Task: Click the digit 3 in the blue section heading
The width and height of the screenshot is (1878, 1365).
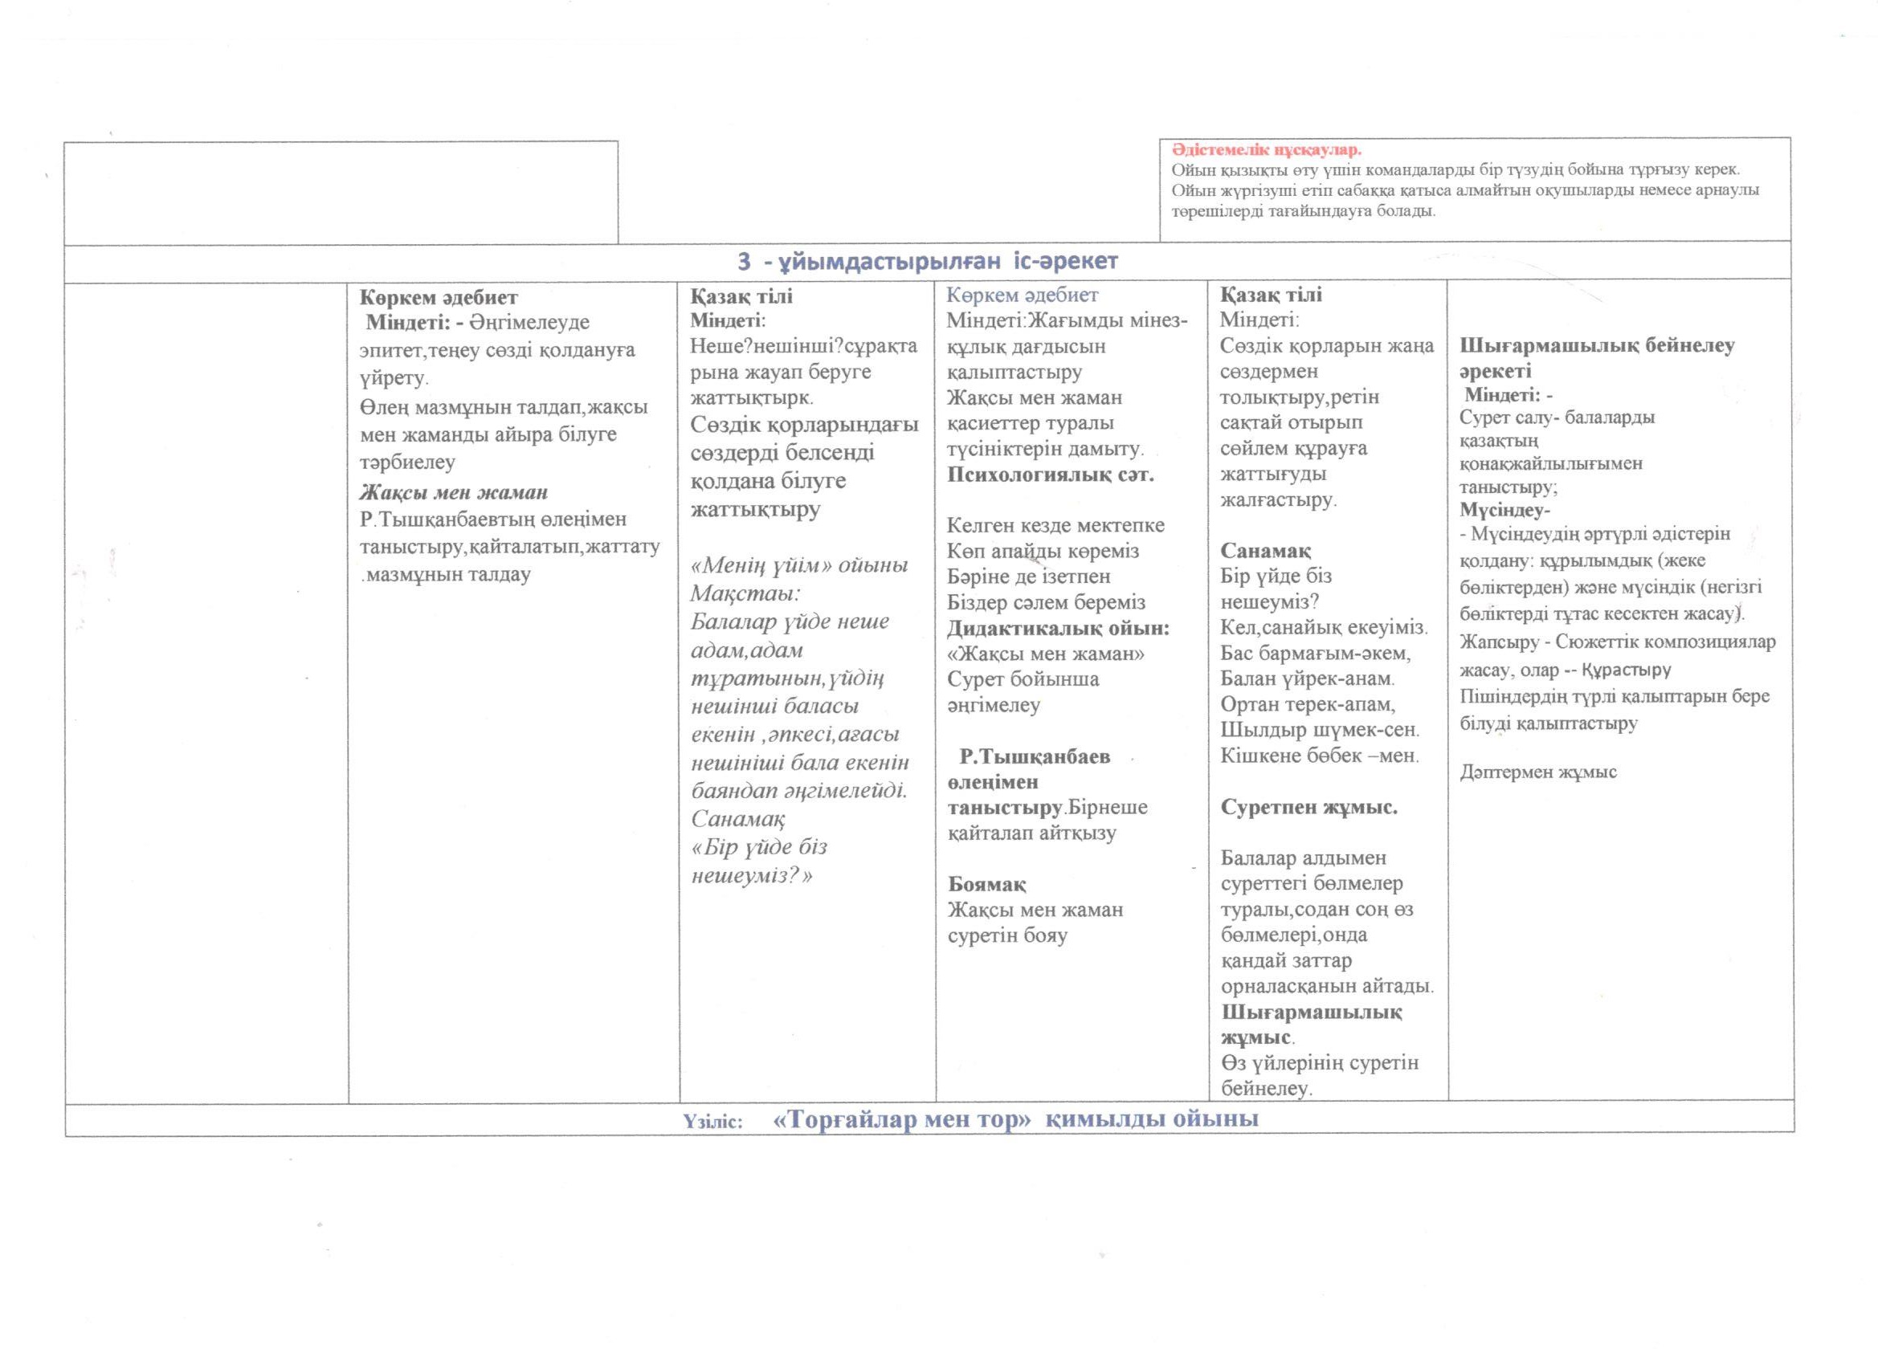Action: pos(745,262)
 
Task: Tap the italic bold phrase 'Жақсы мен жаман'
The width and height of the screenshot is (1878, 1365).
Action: pos(454,492)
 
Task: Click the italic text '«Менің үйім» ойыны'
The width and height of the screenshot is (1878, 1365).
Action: pos(800,565)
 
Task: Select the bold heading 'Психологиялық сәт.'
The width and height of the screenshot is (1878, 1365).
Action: pos(1051,475)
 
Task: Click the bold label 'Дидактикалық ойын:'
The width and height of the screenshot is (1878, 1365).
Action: pos(1058,628)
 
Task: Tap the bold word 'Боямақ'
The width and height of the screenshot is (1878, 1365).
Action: pos(987,884)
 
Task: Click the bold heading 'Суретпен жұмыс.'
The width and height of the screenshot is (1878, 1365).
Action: pos(1309,807)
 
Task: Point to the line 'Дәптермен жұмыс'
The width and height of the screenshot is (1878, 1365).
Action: pos(1537,772)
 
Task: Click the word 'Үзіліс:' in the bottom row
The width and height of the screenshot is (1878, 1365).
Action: pos(713,1122)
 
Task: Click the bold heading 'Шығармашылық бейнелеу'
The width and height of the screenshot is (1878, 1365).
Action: pos(1597,346)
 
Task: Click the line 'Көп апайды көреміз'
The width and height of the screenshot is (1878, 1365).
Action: pos(1043,552)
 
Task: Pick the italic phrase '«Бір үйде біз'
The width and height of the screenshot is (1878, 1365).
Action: pos(759,847)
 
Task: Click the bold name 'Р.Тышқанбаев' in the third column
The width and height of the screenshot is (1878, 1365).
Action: pos(1035,756)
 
